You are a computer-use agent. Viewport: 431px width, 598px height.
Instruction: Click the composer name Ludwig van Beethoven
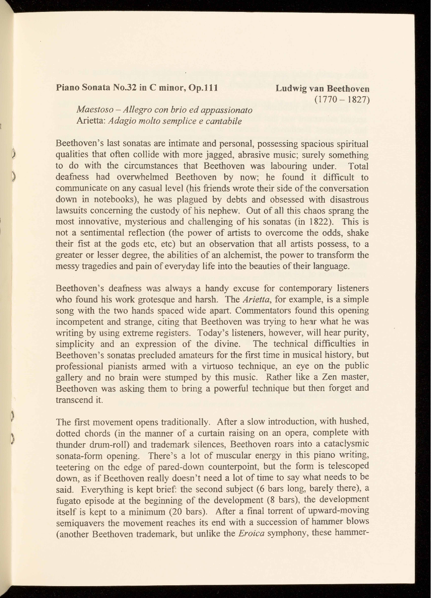point(322,89)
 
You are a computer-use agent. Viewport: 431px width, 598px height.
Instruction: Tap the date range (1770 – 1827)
point(342,100)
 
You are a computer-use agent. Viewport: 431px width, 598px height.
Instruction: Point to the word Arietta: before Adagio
point(91,121)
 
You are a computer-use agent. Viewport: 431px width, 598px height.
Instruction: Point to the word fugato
point(68,501)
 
